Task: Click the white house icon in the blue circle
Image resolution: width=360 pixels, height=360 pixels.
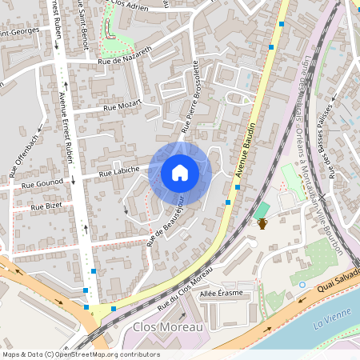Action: tap(180, 172)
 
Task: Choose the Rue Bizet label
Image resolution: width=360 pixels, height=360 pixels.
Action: tap(46, 206)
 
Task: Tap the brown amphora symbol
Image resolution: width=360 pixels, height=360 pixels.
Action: tap(262, 223)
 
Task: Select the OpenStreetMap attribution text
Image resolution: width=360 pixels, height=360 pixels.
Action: tap(81, 354)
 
